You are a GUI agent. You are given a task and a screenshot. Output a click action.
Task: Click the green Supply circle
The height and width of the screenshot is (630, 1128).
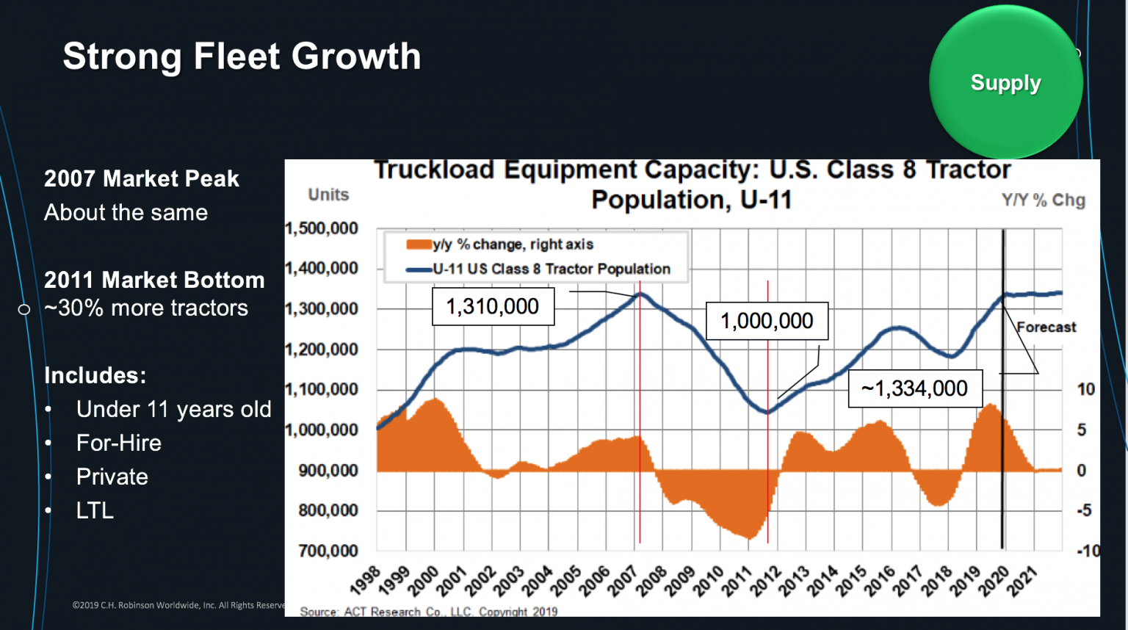(1005, 82)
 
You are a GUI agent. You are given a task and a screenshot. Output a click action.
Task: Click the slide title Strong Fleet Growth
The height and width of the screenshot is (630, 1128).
(242, 57)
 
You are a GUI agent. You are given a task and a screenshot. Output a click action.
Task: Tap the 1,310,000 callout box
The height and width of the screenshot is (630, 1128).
(493, 306)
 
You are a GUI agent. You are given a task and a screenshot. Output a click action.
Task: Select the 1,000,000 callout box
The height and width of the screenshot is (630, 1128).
(767, 321)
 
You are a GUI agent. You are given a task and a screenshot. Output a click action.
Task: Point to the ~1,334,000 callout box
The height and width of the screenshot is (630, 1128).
(915, 388)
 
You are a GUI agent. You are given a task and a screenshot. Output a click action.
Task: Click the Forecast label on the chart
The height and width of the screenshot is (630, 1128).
(1046, 327)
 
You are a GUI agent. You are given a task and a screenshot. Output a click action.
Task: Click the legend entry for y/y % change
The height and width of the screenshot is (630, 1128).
(512, 245)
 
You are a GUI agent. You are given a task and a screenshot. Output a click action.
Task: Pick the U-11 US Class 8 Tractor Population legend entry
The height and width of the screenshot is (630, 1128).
(551, 269)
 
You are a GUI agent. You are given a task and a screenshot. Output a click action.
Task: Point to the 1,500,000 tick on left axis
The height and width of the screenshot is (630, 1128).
(322, 228)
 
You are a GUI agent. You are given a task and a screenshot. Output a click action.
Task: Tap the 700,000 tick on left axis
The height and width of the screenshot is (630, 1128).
(328, 551)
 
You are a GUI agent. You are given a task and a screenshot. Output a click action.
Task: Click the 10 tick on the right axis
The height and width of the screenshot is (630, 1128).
(1085, 389)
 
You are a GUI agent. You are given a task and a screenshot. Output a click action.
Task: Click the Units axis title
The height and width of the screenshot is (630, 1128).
(328, 195)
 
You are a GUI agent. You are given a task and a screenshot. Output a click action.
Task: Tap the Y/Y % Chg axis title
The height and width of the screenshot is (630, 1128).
(1043, 200)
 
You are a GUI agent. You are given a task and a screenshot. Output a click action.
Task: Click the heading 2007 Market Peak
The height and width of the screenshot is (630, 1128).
(142, 178)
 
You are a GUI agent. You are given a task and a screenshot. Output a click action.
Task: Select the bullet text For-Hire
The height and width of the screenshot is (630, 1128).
(119, 443)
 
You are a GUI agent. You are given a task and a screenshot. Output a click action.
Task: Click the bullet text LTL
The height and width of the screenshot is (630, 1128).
(95, 510)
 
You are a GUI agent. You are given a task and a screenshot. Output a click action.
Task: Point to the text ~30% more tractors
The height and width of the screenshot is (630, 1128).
(146, 308)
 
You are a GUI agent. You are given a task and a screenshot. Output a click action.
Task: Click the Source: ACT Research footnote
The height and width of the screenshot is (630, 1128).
(428, 611)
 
